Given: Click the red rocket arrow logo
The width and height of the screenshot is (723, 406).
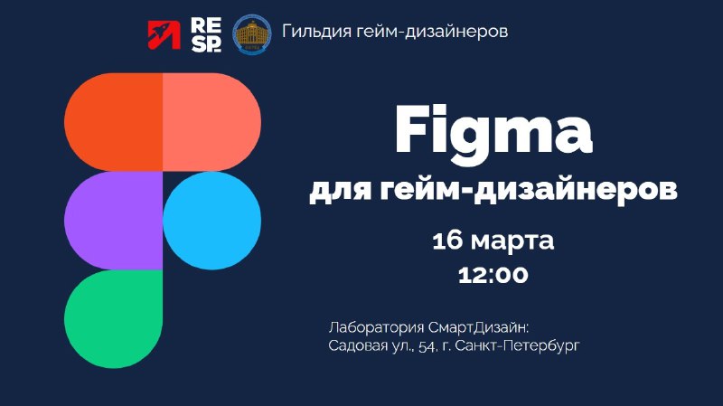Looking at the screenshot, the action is (x=164, y=34).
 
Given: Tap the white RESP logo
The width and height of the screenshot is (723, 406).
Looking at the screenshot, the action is (x=206, y=34).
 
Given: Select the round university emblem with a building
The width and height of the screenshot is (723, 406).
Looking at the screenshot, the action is (x=252, y=34).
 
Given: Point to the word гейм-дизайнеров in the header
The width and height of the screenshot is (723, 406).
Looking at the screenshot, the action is (x=433, y=32).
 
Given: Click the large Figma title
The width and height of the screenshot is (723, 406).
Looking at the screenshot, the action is (x=493, y=131).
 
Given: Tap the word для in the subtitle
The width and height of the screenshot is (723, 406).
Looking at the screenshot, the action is (x=340, y=190).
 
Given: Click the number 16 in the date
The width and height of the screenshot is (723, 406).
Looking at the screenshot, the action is (x=447, y=241).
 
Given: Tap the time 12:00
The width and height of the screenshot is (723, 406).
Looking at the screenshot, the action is (x=493, y=275).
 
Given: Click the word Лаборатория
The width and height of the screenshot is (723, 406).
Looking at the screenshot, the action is (x=376, y=328).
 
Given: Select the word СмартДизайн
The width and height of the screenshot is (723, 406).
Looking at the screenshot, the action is (x=479, y=328).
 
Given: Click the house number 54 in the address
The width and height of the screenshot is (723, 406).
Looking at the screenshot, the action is (x=427, y=346).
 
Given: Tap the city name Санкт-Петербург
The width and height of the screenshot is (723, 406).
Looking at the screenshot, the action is (x=517, y=345).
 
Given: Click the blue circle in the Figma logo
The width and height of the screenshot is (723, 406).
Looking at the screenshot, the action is (x=211, y=221).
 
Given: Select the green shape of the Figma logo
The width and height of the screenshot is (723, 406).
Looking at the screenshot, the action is (x=114, y=319).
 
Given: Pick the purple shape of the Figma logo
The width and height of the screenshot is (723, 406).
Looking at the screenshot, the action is (x=114, y=221).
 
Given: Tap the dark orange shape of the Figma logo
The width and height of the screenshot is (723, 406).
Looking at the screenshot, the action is (x=114, y=122).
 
